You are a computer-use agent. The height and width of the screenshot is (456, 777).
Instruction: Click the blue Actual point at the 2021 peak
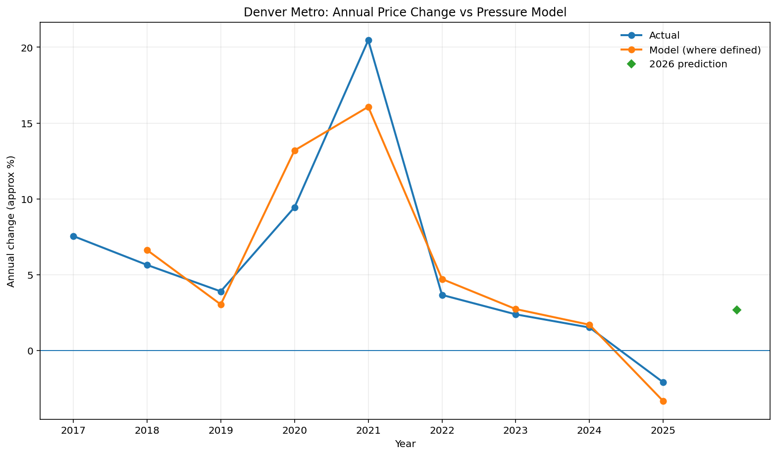click(x=368, y=41)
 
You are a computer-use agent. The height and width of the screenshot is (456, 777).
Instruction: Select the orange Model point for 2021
click(x=368, y=107)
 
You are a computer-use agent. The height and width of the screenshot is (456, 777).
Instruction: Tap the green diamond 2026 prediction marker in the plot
click(x=737, y=310)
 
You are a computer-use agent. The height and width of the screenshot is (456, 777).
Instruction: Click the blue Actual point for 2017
click(x=73, y=236)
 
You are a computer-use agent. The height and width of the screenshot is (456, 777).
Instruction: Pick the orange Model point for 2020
click(x=295, y=151)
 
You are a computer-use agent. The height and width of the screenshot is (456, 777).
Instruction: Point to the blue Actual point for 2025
click(x=663, y=382)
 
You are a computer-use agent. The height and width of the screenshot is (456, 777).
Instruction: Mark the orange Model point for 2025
click(x=663, y=401)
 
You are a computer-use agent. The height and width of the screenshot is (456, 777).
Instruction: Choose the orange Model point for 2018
click(x=147, y=251)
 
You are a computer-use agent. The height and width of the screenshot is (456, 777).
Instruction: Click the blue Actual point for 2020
click(x=295, y=207)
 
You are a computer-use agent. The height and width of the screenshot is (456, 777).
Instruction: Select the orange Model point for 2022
click(x=442, y=279)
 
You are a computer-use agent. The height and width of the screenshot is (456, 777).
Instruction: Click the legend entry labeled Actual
click(x=664, y=36)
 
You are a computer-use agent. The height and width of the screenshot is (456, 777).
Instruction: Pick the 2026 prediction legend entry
click(x=688, y=64)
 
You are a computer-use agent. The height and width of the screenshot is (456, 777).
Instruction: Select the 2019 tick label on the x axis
click(x=221, y=431)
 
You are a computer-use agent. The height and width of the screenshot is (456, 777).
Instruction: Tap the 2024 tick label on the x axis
click(x=589, y=431)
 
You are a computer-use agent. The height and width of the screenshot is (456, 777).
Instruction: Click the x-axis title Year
click(x=405, y=444)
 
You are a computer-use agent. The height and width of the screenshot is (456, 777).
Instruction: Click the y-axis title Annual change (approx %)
click(x=11, y=221)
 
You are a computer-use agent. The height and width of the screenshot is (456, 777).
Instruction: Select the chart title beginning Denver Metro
click(x=405, y=12)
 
